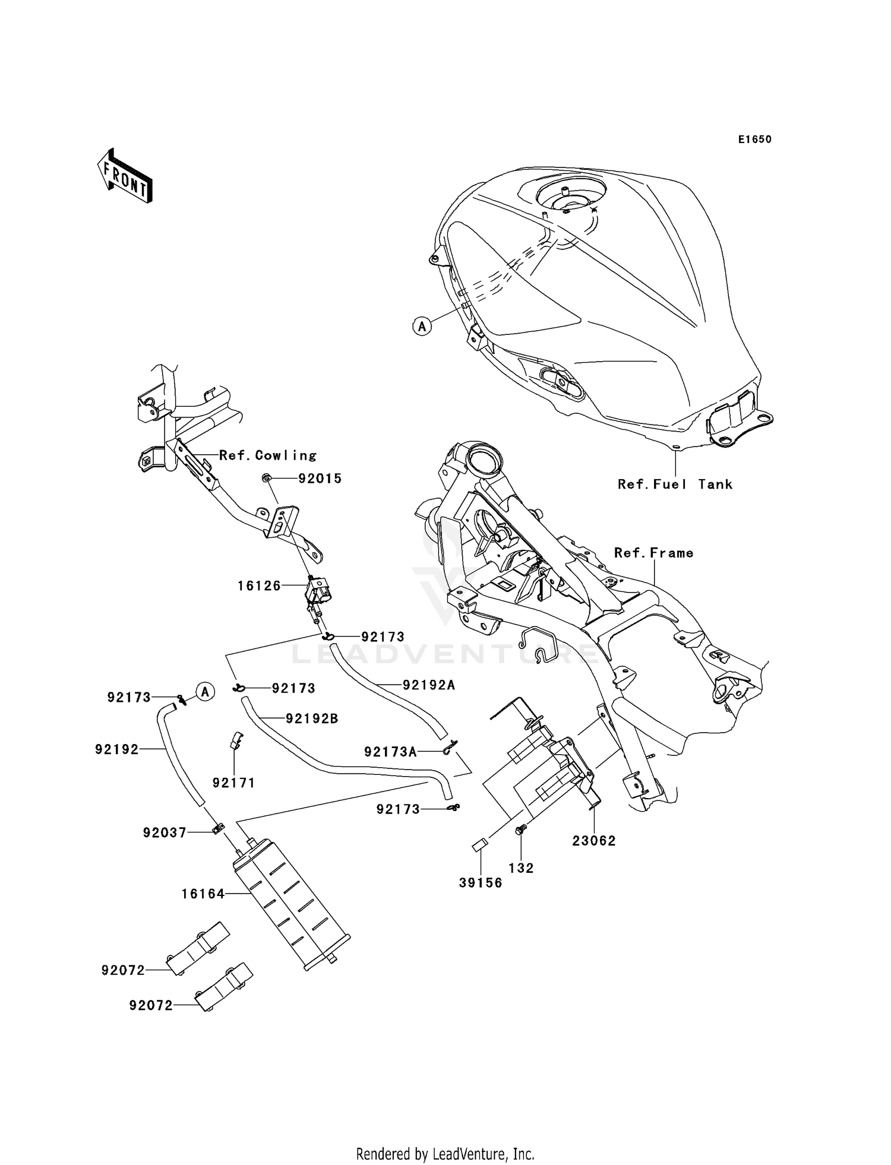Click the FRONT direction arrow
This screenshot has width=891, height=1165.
(x=125, y=176)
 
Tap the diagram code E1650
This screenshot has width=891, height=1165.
(x=754, y=140)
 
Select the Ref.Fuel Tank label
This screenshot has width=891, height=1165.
(x=675, y=484)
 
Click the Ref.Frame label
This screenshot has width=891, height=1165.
(x=653, y=553)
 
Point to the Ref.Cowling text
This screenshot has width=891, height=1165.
(x=267, y=455)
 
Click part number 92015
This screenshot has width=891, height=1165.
(x=320, y=479)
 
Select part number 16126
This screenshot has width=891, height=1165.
(x=259, y=586)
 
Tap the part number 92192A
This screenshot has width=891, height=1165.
(x=429, y=685)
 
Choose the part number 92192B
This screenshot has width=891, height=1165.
(x=312, y=718)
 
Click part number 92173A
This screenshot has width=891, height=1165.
(x=390, y=752)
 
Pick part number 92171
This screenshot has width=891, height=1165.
(x=234, y=783)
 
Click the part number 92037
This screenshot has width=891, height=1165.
(x=165, y=832)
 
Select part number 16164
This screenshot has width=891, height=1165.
(x=203, y=894)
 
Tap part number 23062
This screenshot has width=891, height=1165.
(x=594, y=840)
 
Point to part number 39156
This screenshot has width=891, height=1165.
(x=481, y=882)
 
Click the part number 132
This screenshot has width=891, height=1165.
(x=522, y=868)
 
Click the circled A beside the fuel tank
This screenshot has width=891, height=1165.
(x=422, y=326)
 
